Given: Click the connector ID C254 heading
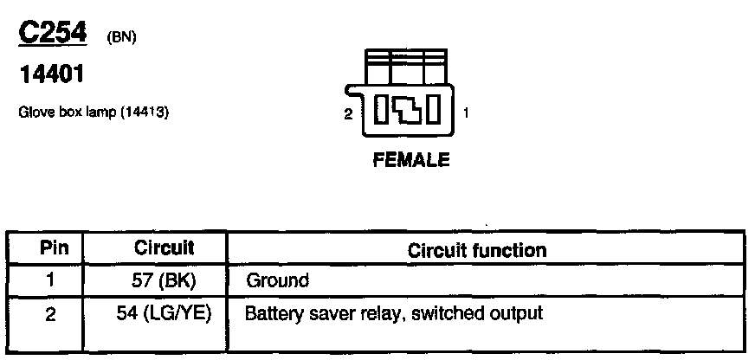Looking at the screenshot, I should coord(53,33).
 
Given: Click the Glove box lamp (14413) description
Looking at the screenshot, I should coord(93,112).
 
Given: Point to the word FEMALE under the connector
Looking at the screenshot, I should coord(410,159).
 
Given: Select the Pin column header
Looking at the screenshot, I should coord(48,247).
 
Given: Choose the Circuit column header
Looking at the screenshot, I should coord(164,247).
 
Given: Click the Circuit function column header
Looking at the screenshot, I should coord(476,250).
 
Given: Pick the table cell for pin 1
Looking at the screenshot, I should coord(49,280).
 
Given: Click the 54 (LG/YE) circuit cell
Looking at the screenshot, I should coord(164,313).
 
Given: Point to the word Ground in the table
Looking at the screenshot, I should coord(277,280).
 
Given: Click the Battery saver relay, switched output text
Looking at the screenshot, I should coord(394,312).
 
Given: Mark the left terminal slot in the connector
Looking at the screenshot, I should coord(381,112).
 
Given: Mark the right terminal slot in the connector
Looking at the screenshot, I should coord(436,112).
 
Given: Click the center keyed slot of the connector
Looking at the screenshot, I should coord(409,112).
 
